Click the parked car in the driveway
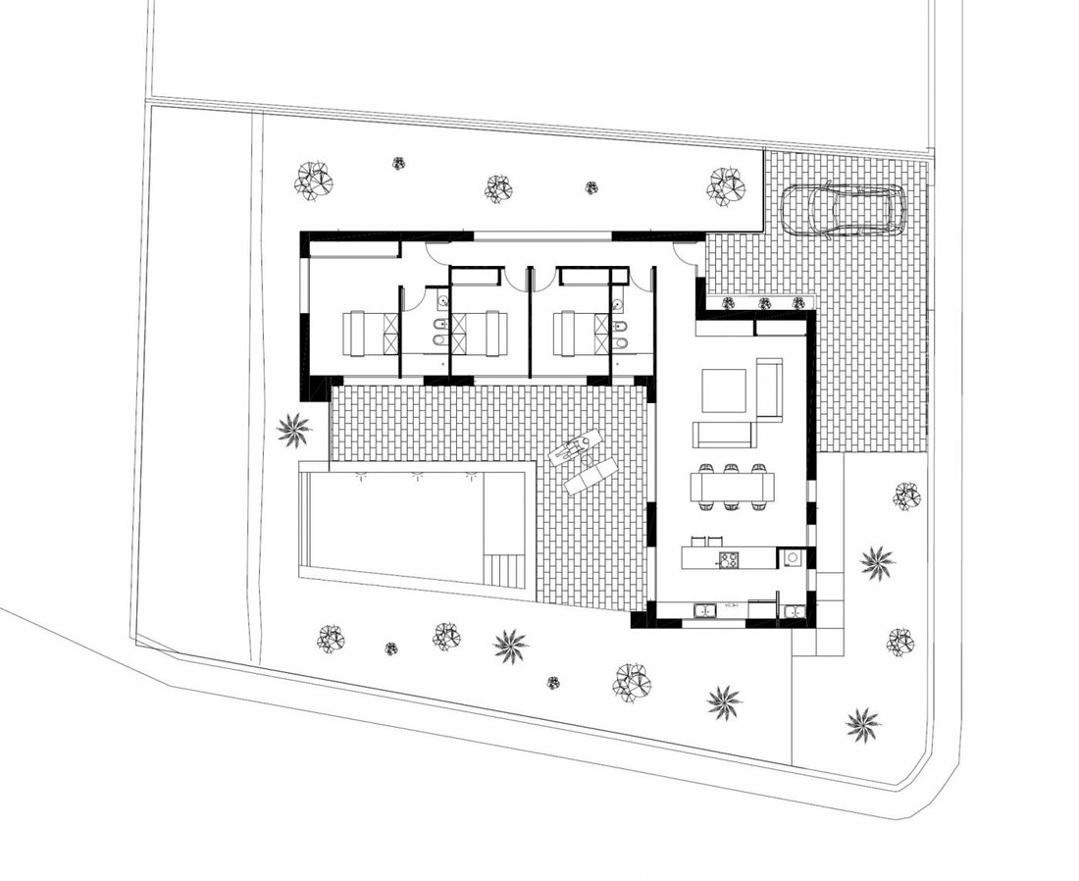tap(843, 211)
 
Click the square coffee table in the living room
tap(724, 390)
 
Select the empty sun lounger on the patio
tap(591, 476)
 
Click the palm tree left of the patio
tap(293, 429)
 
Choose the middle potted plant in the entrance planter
tap(764, 303)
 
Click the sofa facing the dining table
tap(722, 434)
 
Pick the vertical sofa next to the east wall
tap(769, 389)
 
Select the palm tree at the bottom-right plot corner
tap(863, 724)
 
